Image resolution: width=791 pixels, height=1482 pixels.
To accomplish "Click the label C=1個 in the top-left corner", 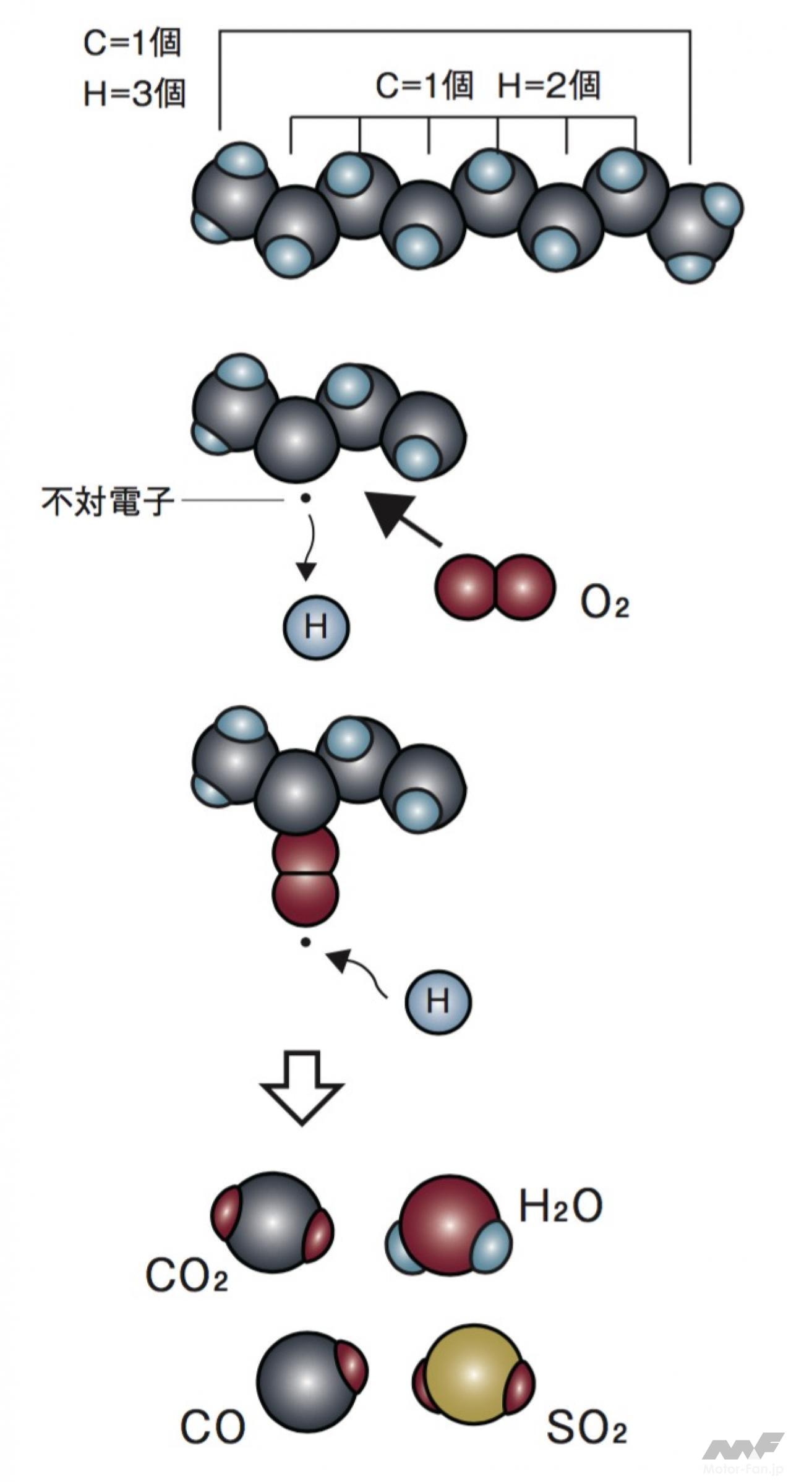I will click(x=132, y=44).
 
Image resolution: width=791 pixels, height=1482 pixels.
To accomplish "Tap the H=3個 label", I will click(x=134, y=94).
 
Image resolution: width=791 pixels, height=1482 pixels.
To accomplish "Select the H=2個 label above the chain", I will click(x=549, y=85).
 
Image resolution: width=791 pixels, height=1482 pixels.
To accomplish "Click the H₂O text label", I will click(x=560, y=1206).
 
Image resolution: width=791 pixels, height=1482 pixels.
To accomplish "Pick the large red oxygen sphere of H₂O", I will click(x=448, y=1223).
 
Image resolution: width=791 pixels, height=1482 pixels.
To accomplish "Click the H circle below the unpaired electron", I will click(x=316, y=627).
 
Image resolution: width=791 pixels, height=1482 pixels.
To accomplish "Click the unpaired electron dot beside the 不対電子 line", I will click(x=304, y=499).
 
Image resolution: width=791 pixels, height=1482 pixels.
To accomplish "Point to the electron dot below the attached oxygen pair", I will click(x=304, y=943).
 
